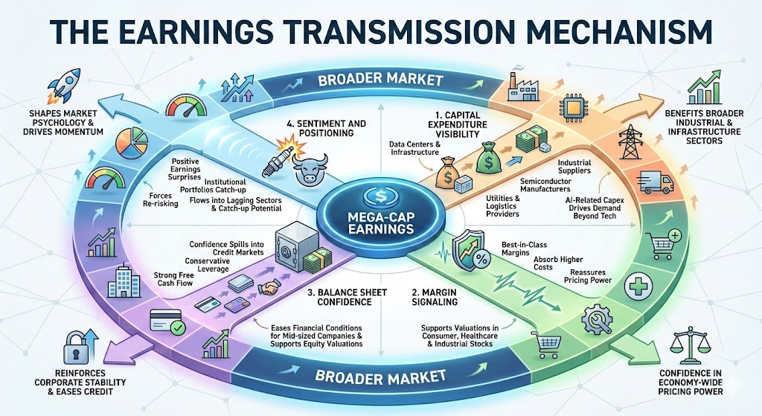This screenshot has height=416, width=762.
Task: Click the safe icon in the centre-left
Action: [289, 245]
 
